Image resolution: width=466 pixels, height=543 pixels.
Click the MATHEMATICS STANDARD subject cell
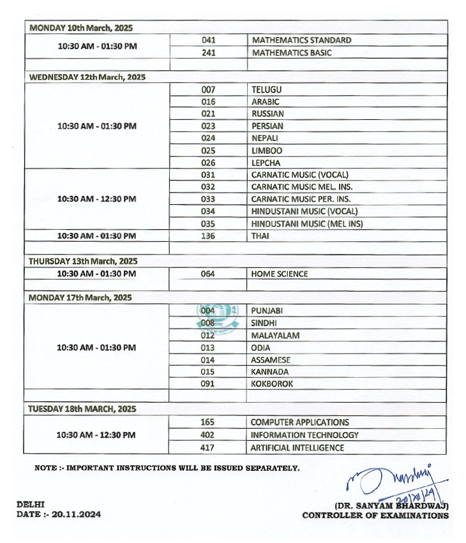[x=301, y=40]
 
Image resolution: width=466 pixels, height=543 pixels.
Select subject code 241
[x=208, y=52]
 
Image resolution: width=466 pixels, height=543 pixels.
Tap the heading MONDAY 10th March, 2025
[x=81, y=28]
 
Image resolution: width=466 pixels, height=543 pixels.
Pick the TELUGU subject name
[x=267, y=89]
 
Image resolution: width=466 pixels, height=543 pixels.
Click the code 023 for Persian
[x=208, y=126]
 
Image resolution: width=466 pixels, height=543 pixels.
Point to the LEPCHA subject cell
[x=267, y=163]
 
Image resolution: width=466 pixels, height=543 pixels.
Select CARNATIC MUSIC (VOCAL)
[x=300, y=175]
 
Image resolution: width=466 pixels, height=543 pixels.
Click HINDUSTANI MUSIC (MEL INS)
[x=307, y=224]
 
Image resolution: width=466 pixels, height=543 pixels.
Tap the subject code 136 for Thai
[x=208, y=236]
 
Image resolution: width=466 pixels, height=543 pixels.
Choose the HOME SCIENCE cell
[x=280, y=274]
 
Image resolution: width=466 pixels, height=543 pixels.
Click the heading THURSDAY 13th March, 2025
[x=83, y=261]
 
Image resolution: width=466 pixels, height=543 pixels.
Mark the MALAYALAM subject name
[x=275, y=336]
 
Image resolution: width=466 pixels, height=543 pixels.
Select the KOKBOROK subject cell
[x=273, y=384]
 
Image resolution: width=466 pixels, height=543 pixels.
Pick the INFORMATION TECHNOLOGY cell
[x=304, y=435]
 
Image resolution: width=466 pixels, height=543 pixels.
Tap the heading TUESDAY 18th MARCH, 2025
[x=82, y=409]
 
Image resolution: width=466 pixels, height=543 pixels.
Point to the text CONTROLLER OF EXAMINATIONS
[x=375, y=516]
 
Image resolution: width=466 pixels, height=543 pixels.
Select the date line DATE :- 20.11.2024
[x=58, y=514]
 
